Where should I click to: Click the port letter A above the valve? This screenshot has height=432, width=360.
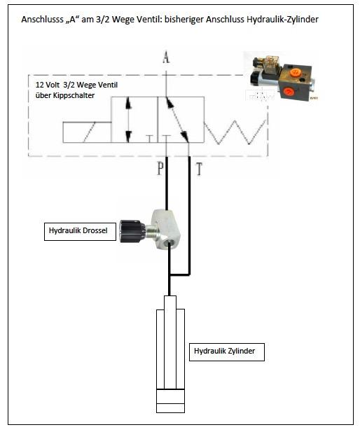(166, 57)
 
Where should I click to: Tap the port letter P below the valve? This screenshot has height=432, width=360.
(160, 168)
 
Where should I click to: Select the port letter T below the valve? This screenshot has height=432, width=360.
(199, 169)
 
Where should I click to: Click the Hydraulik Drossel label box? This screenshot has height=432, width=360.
(80, 232)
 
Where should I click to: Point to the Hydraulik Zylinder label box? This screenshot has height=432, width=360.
(227, 351)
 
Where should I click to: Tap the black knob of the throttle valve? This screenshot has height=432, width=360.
(132, 231)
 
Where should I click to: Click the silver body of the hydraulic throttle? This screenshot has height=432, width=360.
(165, 229)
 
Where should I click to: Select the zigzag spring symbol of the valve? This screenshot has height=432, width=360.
(235, 132)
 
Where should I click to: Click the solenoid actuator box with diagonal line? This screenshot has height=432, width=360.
(87, 132)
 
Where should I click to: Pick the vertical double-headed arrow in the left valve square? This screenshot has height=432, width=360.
(128, 120)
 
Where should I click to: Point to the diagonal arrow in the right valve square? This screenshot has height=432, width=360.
(177, 120)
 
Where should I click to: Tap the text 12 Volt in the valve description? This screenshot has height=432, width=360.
(48, 85)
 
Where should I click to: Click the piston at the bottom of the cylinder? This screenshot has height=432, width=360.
(170, 396)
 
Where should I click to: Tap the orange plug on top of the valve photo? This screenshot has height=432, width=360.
(295, 72)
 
